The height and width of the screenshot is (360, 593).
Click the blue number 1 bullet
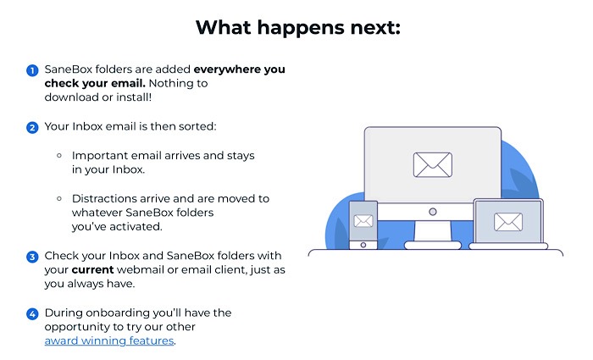32,70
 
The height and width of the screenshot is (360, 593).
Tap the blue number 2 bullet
32,128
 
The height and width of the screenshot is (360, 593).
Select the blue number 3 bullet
32,257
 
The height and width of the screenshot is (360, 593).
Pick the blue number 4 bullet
32,313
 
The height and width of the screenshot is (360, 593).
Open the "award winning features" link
109,341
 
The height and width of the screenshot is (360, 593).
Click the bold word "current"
94,270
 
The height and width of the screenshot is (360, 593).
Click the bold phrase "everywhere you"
240,70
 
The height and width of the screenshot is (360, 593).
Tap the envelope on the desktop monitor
432,163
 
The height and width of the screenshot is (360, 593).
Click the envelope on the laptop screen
508,222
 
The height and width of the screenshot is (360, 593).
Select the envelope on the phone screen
363,222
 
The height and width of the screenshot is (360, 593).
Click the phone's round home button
363,244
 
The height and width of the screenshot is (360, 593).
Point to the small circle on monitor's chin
432,211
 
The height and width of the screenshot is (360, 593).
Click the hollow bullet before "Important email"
59,156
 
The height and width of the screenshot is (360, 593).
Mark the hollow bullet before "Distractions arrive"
59,198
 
